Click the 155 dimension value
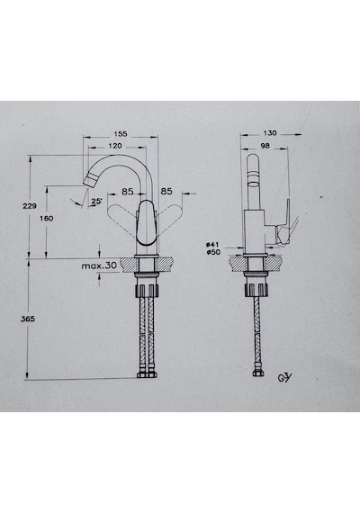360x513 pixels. point(121,134)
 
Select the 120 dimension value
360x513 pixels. point(115,146)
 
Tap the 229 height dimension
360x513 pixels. point(30,206)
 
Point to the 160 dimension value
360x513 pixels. point(46,218)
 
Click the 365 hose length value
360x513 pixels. point(28,319)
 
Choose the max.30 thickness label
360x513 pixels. point(99,265)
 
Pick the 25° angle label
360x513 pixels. point(96,202)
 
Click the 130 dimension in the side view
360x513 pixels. point(270,133)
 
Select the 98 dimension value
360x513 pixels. point(265,146)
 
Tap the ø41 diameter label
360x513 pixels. point(212,245)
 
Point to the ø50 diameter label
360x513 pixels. point(213,252)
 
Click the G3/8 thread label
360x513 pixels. point(284,378)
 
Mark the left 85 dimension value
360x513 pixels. point(128,192)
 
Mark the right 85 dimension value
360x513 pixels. point(166,191)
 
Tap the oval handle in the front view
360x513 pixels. point(146,223)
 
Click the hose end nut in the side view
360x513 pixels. point(256,373)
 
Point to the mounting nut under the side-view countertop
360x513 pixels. point(256,290)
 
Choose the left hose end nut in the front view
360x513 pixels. point(142,375)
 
